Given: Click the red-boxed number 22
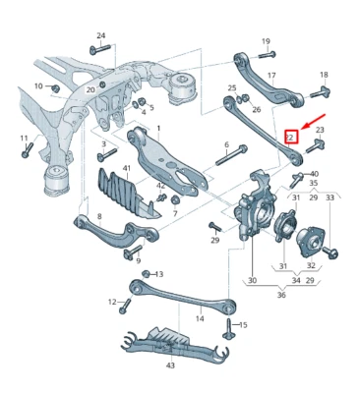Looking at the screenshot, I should (x=292, y=138).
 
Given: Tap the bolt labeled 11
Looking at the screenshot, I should (x=27, y=150).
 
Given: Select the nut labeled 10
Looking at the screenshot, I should (x=54, y=87).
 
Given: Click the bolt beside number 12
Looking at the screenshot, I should (x=124, y=304).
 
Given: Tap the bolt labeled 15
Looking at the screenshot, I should (x=228, y=325).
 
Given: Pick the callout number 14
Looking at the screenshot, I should (x=199, y=318).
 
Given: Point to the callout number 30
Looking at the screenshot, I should (x=252, y=280).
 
